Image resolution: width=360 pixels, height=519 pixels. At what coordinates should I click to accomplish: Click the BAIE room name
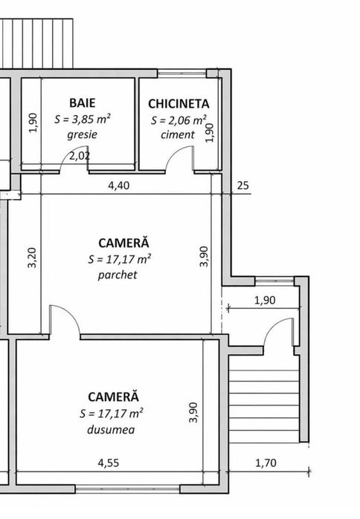(x=82, y=102)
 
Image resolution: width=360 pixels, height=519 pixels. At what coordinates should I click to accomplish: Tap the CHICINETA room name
(x=179, y=104)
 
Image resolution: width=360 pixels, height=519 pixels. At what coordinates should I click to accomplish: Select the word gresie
(x=82, y=136)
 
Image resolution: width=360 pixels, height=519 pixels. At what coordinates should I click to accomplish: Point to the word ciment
(x=179, y=134)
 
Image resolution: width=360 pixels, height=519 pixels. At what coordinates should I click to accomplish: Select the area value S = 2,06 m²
(x=179, y=120)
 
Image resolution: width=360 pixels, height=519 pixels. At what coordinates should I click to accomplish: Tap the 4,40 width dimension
(x=119, y=186)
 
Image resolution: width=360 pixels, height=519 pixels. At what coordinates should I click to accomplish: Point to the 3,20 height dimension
(x=31, y=259)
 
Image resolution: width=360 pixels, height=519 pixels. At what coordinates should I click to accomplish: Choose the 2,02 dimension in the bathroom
(x=80, y=157)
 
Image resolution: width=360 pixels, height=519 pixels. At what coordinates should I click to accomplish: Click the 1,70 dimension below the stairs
(x=264, y=465)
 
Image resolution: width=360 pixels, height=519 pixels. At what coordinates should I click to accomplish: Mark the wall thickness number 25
(x=242, y=186)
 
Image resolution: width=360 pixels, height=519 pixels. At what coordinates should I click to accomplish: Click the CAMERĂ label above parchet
(x=123, y=243)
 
